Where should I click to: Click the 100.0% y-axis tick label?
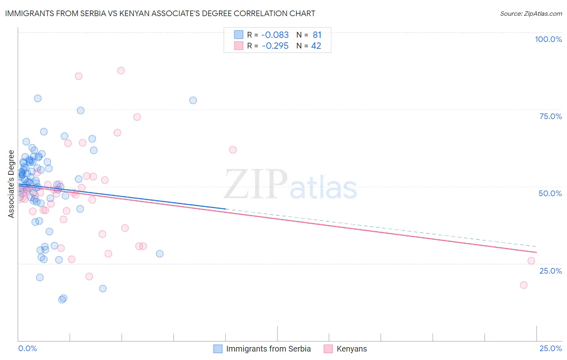click(x=548, y=39)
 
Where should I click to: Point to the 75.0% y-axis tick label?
click(x=550, y=116)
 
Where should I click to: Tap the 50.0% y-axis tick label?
click(x=550, y=193)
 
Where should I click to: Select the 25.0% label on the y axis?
click(x=550, y=271)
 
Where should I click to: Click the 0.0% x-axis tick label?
click(x=27, y=349)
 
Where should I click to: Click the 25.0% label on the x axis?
click(x=550, y=349)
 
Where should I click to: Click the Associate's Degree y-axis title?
click(x=11, y=184)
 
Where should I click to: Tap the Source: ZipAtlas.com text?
click(x=531, y=14)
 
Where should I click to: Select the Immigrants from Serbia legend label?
click(x=268, y=349)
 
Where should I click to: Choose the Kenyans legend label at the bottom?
click(x=352, y=349)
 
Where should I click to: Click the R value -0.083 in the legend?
click(x=275, y=35)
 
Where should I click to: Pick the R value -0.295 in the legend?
click(x=275, y=46)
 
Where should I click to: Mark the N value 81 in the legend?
click(x=317, y=35)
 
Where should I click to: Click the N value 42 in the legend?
click(x=316, y=46)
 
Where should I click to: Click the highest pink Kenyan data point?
click(x=121, y=71)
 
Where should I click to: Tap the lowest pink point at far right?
click(x=523, y=285)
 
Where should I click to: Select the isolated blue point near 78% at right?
click(x=193, y=100)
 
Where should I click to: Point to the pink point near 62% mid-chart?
click(x=233, y=150)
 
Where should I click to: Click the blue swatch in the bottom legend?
click(x=218, y=349)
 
